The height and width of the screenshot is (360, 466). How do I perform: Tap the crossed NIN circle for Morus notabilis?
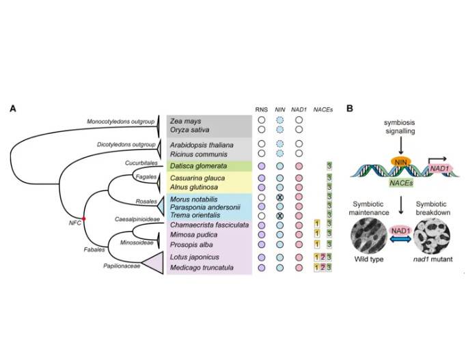click(x=279, y=197)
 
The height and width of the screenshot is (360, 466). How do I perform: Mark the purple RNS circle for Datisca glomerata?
click(x=262, y=166)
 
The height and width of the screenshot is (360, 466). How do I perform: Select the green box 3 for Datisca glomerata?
click(x=330, y=166)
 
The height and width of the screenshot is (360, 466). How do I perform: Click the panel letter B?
click(x=350, y=109)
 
